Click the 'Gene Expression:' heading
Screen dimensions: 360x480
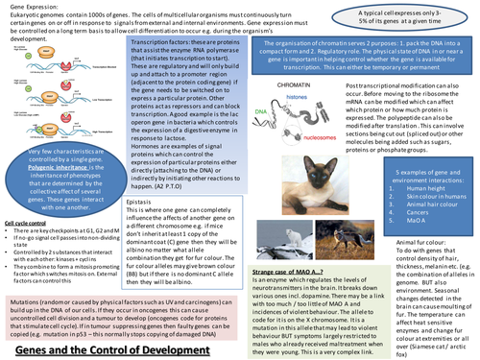[30, 7]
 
